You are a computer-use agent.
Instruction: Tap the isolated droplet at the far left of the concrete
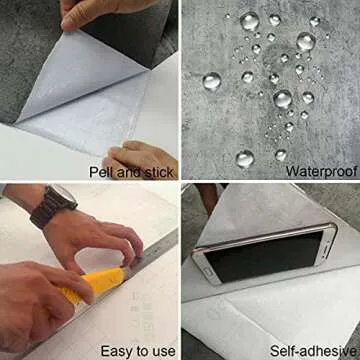coord(211,81)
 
